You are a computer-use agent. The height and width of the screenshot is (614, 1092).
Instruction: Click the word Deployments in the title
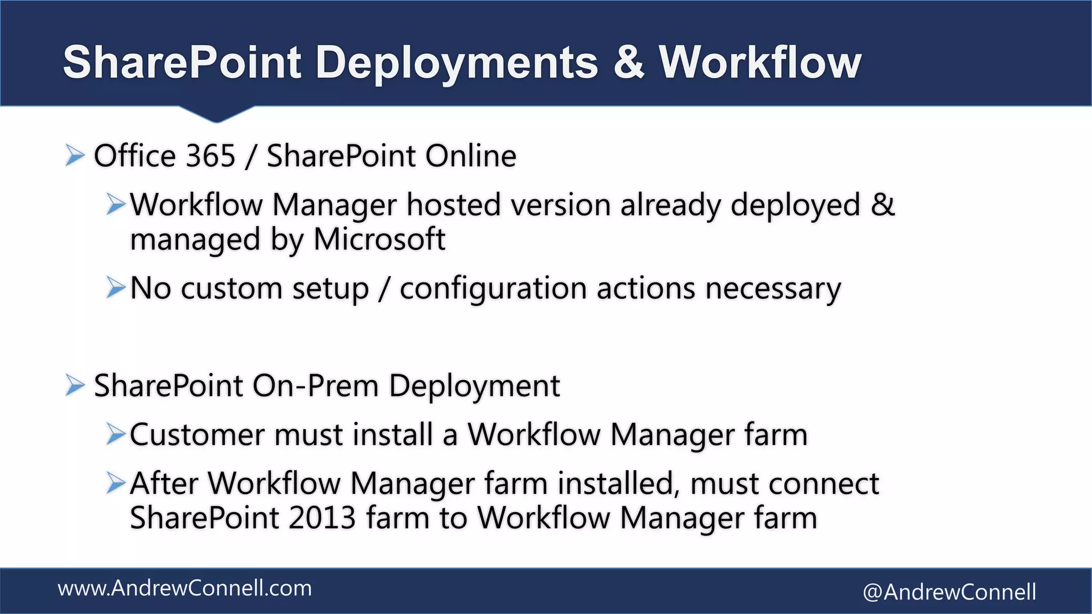pos(456,63)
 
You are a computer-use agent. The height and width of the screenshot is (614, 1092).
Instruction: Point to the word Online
pos(471,156)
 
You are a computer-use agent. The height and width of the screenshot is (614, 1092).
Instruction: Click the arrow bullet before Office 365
pos(75,156)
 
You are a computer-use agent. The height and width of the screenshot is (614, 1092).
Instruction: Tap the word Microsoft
pos(379,239)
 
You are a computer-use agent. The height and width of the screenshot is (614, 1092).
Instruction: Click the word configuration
pos(493,289)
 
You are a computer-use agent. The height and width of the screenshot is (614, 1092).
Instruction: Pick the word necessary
pos(773,289)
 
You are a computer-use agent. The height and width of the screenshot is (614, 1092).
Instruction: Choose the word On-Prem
pos(315,386)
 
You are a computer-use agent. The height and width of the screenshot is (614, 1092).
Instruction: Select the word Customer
pos(197,435)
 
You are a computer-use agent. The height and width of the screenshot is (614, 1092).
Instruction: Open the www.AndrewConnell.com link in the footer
pos(184,588)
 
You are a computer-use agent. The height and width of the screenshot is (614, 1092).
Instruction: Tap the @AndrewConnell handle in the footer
pos(949,592)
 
